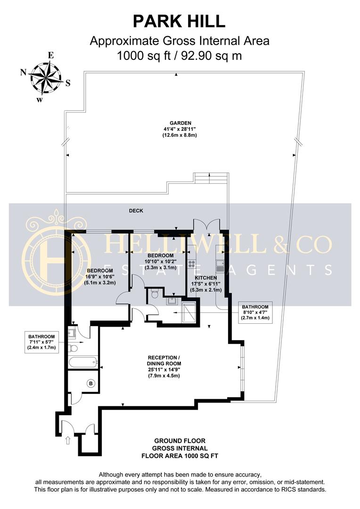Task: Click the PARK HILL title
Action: click(179, 21)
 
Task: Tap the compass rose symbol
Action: click(45, 77)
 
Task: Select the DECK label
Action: click(136, 211)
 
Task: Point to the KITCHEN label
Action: click(206, 278)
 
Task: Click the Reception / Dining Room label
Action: click(164, 367)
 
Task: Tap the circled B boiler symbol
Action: click(91, 384)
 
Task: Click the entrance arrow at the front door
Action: click(68, 440)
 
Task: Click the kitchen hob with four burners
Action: click(191, 263)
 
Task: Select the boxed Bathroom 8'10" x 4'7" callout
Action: click(255, 312)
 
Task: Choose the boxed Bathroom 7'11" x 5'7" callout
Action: click(41, 342)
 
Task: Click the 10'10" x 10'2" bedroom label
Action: click(160, 262)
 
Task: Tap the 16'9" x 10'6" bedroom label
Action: click(100, 277)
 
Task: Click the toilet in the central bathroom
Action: click(155, 294)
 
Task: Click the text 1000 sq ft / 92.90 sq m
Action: click(179, 56)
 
